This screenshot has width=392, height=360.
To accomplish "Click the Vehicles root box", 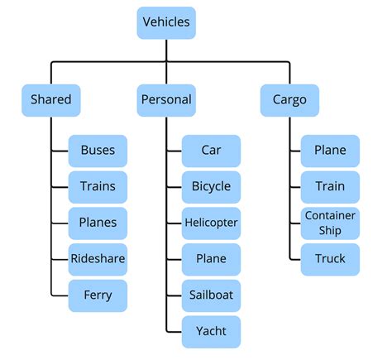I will tap(165, 22).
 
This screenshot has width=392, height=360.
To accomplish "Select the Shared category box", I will tap(51, 100).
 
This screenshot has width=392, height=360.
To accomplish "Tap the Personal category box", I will tap(165, 100).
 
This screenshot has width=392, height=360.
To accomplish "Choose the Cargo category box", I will tap(289, 100).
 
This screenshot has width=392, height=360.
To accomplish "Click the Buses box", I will tap(98, 151).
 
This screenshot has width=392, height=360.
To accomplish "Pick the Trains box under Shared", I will tap(98, 187).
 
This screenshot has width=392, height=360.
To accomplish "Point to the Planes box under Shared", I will tap(98, 223).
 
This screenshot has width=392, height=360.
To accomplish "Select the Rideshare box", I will tap(98, 259).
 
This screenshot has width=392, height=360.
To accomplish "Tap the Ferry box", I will tap(98, 295).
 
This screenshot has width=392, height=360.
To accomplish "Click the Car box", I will tap(211, 151).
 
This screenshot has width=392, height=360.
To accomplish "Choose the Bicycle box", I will tap(211, 187).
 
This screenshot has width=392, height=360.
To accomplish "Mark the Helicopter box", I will tap(211, 223).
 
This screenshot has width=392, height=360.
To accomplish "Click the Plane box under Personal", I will tap(211, 259).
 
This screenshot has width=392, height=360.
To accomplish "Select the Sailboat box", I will tap(211, 295).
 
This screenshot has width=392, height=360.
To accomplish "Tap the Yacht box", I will tap(211, 331).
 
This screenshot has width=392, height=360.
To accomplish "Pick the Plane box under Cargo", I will tap(330, 151).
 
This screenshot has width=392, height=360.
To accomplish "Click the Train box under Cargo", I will tap(330, 187).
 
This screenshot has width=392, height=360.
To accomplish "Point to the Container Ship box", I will tap(330, 223).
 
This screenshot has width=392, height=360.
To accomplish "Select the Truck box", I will tap(330, 259).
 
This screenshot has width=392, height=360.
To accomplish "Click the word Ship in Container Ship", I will tap(330, 230).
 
